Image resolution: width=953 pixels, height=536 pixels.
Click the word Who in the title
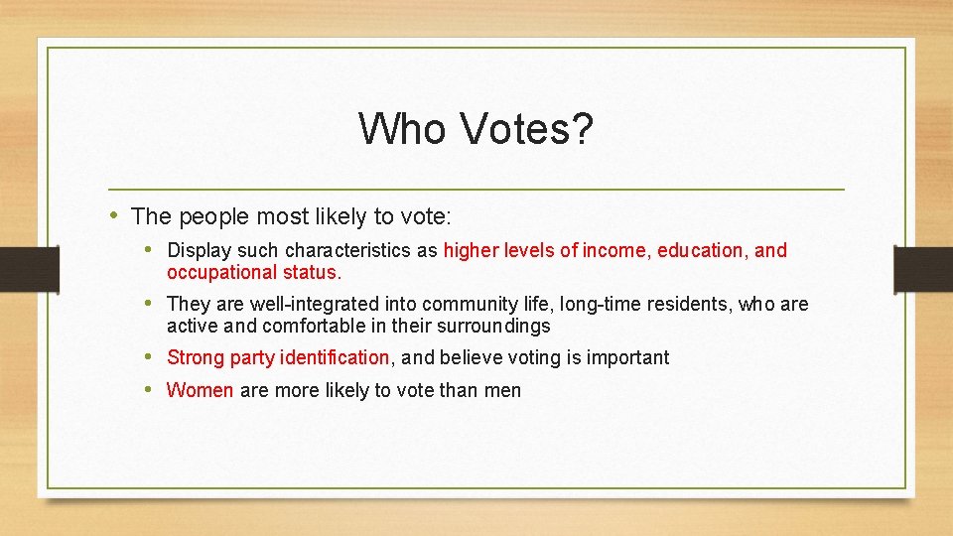click(402, 129)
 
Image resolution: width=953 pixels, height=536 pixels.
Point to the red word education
click(703, 250)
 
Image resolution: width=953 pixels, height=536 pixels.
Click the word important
click(627, 357)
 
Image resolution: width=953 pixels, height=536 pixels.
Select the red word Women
click(200, 390)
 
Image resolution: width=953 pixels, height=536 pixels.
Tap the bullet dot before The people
click(115, 215)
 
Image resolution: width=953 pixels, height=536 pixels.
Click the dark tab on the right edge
click(922, 269)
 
